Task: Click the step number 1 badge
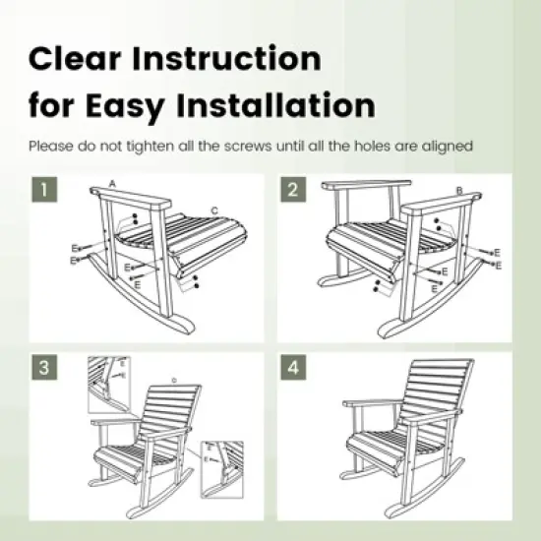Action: pos(41,189)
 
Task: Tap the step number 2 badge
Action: pos(292,189)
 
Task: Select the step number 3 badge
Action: pos(41,368)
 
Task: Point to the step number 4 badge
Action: pos(292,368)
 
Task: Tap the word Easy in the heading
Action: pos(137,104)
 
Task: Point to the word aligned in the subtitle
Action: pos(448,146)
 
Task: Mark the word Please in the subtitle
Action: pos(51,146)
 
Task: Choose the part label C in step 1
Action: pos(214,210)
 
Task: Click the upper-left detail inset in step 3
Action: pos(111,383)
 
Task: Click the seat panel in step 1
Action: pos(202,241)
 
